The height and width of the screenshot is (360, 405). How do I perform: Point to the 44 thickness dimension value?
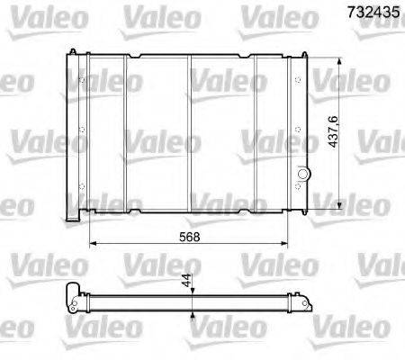[185, 280]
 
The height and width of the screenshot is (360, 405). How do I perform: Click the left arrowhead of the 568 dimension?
[92, 243]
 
